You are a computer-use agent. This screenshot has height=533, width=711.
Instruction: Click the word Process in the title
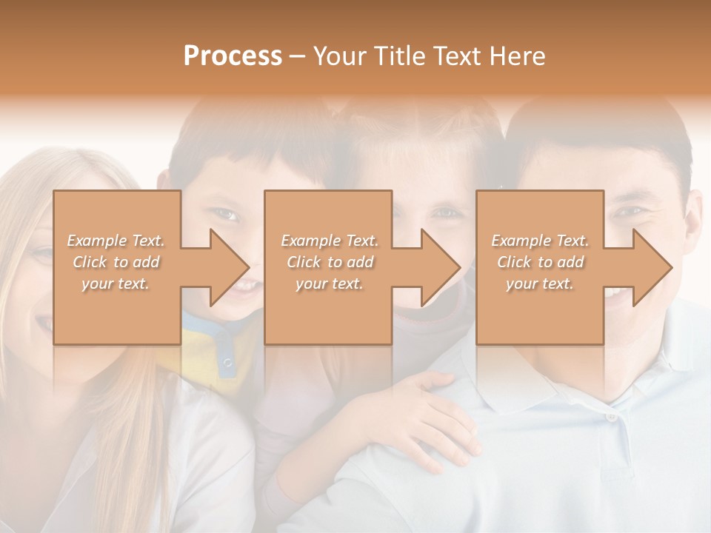click(x=233, y=56)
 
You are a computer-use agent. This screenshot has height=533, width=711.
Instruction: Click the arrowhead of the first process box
click(x=229, y=267)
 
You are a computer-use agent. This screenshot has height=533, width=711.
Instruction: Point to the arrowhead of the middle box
click(x=440, y=267)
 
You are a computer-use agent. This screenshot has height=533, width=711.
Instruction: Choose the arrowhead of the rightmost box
click(x=652, y=267)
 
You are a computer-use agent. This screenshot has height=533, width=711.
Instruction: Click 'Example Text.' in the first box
click(x=116, y=241)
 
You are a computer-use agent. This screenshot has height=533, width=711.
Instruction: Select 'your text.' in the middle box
click(x=329, y=284)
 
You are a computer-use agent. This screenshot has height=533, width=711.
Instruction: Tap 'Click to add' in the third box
click(x=540, y=262)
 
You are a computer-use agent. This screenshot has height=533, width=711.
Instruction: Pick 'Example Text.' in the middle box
click(x=329, y=241)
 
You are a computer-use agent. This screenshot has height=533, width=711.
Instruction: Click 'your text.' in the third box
click(x=540, y=284)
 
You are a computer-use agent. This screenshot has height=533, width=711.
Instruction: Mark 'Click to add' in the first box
click(x=116, y=262)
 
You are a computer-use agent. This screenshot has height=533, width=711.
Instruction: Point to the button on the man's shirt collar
click(x=612, y=417)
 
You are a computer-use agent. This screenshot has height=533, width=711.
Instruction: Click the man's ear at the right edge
click(x=695, y=222)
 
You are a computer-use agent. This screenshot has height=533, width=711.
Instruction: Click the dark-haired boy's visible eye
click(x=227, y=215)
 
